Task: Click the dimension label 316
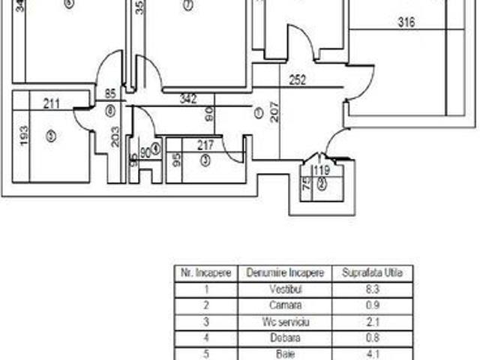(x=406, y=22)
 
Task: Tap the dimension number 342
(x=190, y=98)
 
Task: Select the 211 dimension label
(x=52, y=104)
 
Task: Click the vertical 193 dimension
(x=24, y=135)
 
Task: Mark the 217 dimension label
(x=206, y=145)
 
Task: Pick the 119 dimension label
(x=322, y=170)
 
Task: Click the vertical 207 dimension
(x=276, y=112)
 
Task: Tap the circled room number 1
(x=258, y=113)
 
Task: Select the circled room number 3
(x=204, y=158)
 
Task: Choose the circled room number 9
(x=50, y=136)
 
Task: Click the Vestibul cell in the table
(x=284, y=289)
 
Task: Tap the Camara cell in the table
(x=284, y=305)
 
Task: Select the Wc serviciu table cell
(x=284, y=321)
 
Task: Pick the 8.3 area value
(x=372, y=289)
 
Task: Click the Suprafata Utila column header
(x=372, y=274)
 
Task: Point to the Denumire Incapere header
(x=284, y=274)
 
